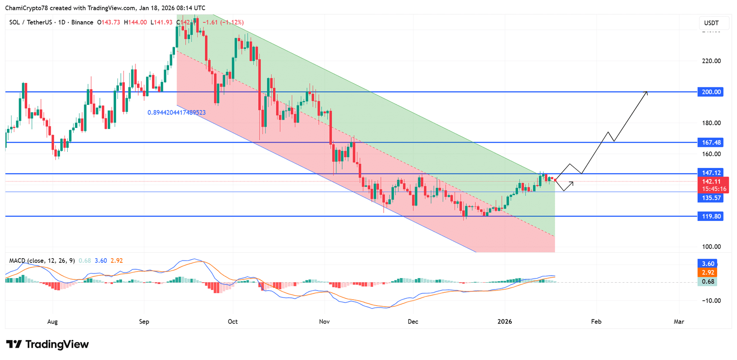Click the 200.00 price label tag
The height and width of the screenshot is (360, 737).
(711, 92)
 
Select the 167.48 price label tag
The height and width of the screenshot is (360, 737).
(711, 143)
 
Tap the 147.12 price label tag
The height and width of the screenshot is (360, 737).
(711, 173)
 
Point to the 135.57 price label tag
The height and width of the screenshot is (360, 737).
(711, 198)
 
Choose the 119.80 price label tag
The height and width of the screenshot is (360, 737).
(711, 216)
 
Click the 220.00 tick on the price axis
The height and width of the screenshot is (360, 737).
(711, 61)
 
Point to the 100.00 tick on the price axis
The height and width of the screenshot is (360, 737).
(711, 247)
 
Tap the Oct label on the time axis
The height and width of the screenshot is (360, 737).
(233, 321)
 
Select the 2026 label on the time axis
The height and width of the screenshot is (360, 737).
(505, 321)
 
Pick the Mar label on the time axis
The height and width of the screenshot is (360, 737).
(679, 321)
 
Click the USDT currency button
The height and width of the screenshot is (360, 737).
(711, 23)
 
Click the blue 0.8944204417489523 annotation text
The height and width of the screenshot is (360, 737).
(176, 113)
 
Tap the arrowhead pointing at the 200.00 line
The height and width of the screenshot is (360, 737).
(646, 92)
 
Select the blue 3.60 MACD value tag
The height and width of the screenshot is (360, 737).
(708, 264)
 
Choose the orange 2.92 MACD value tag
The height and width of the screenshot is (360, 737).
(708, 273)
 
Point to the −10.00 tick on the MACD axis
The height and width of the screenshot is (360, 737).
(711, 301)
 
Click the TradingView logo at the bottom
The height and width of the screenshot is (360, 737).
(47, 344)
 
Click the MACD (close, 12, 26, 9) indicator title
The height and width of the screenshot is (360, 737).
(42, 261)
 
